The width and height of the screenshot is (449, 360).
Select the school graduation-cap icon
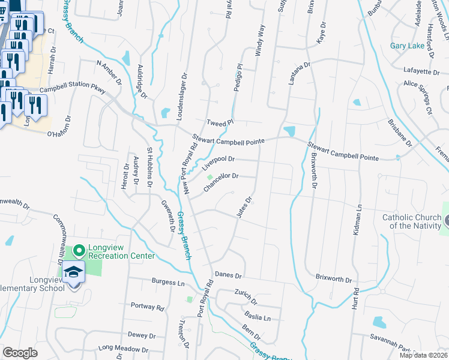click(x=74, y=273)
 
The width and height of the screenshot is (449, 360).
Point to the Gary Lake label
click(x=407, y=46)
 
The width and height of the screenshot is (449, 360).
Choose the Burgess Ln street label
click(x=168, y=282)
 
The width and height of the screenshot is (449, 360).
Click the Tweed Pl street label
click(x=219, y=122)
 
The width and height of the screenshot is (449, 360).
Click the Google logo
click(x=20, y=353)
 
